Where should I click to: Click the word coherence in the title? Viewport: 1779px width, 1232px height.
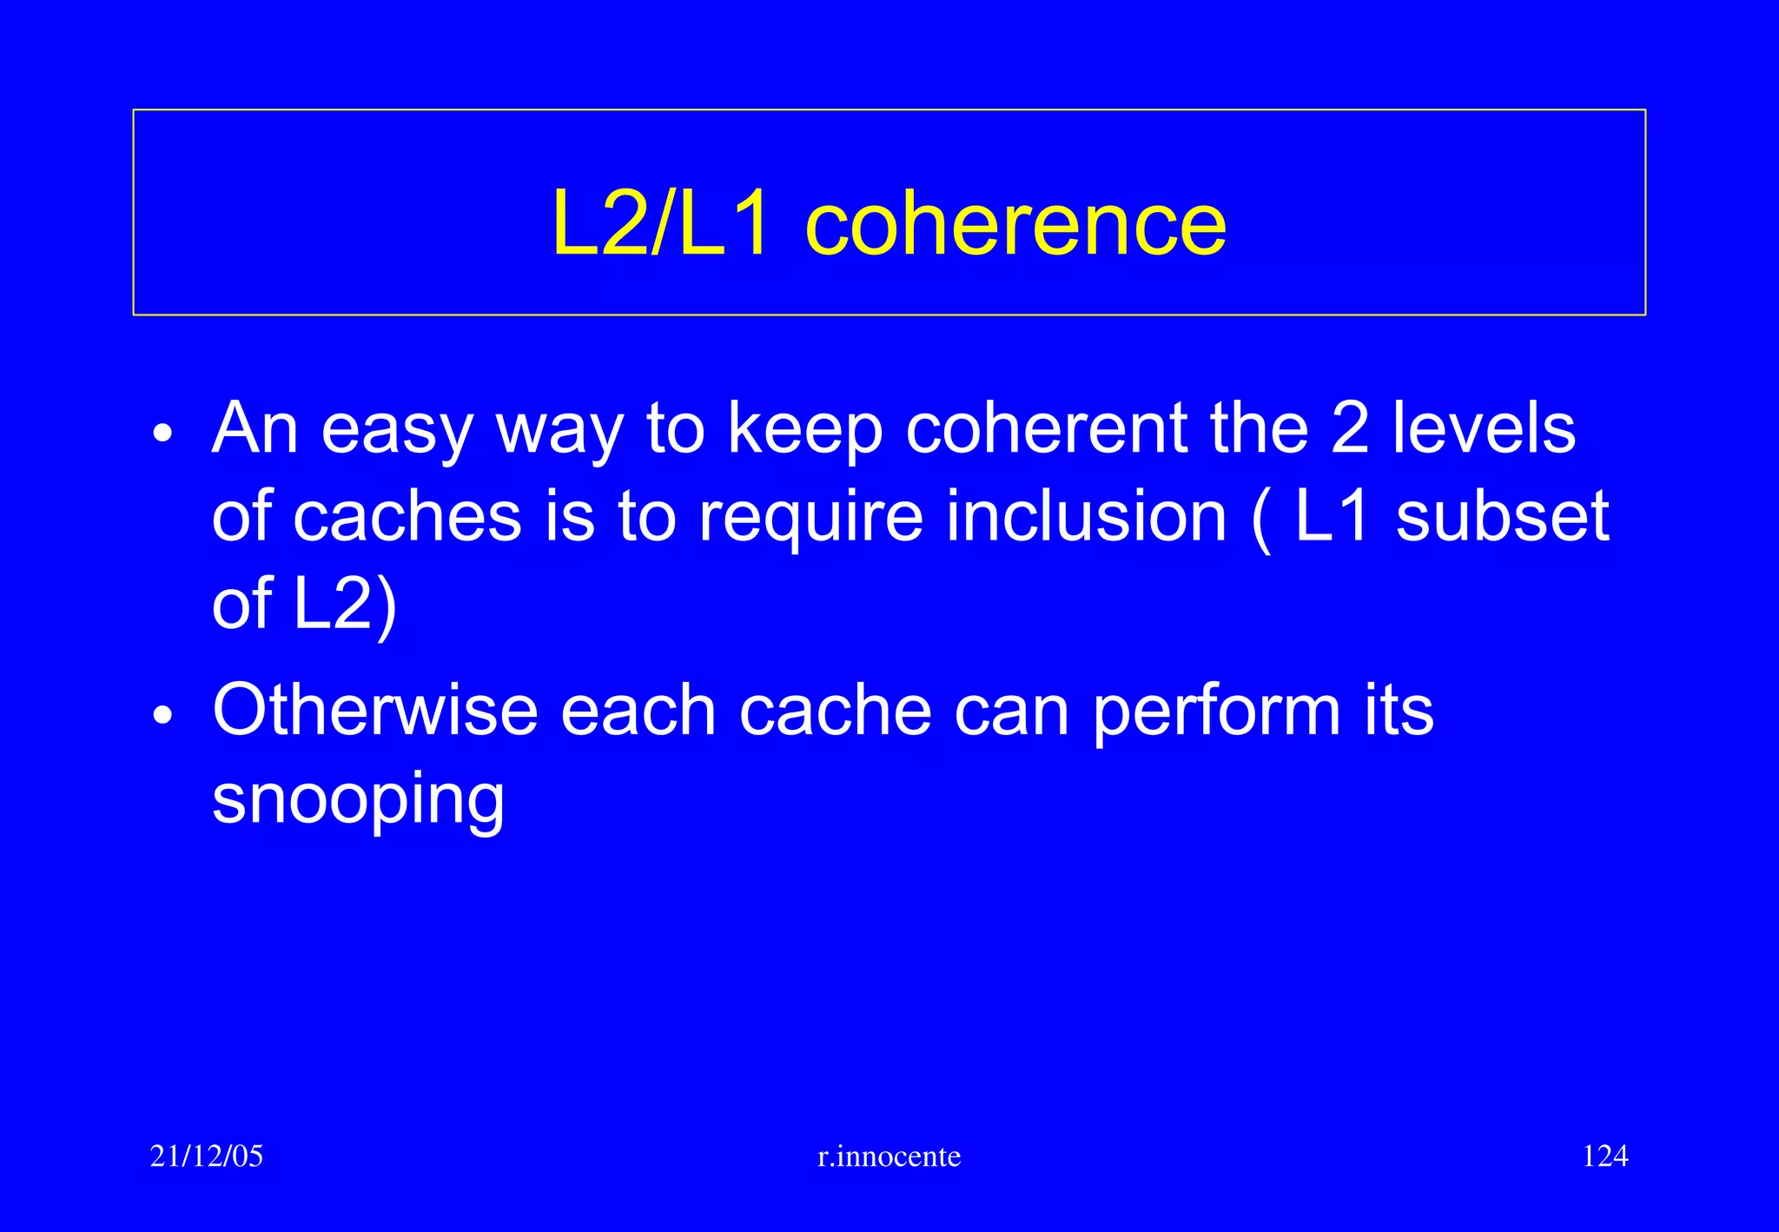(1015, 225)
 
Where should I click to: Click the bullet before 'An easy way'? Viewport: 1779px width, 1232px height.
(162, 434)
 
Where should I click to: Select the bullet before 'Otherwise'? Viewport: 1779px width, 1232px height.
(162, 716)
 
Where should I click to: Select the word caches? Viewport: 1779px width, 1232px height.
(407, 518)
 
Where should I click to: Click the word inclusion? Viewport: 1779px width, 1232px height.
(1086, 516)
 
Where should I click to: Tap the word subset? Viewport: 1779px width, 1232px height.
(1502, 516)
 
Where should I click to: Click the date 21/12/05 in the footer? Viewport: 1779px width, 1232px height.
(206, 1156)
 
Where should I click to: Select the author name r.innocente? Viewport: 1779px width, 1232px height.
(889, 1156)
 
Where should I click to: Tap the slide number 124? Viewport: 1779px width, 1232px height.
(1604, 1156)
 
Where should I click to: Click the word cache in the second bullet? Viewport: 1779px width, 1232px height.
(835, 711)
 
